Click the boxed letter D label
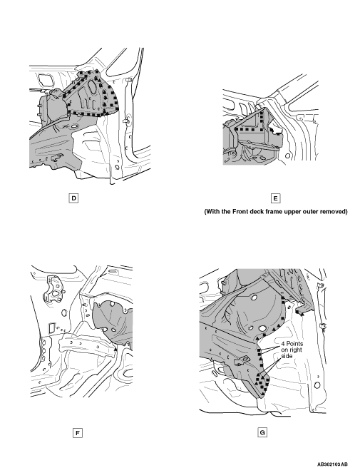click(x=73, y=198)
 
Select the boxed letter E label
click(x=275, y=198)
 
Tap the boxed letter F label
click(x=77, y=433)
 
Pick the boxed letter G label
click(x=262, y=432)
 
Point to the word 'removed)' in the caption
click(x=334, y=212)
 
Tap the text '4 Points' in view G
click(x=292, y=344)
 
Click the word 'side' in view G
click(x=287, y=356)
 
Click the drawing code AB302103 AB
click(x=332, y=464)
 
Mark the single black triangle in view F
click(x=115, y=348)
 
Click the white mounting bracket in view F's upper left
click(x=53, y=288)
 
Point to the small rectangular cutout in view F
click(x=51, y=327)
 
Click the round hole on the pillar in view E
click(x=287, y=156)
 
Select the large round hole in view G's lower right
click(x=317, y=385)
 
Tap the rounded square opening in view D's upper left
click(x=46, y=79)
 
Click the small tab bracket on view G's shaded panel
click(x=242, y=360)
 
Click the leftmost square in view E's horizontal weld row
click(x=237, y=129)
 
